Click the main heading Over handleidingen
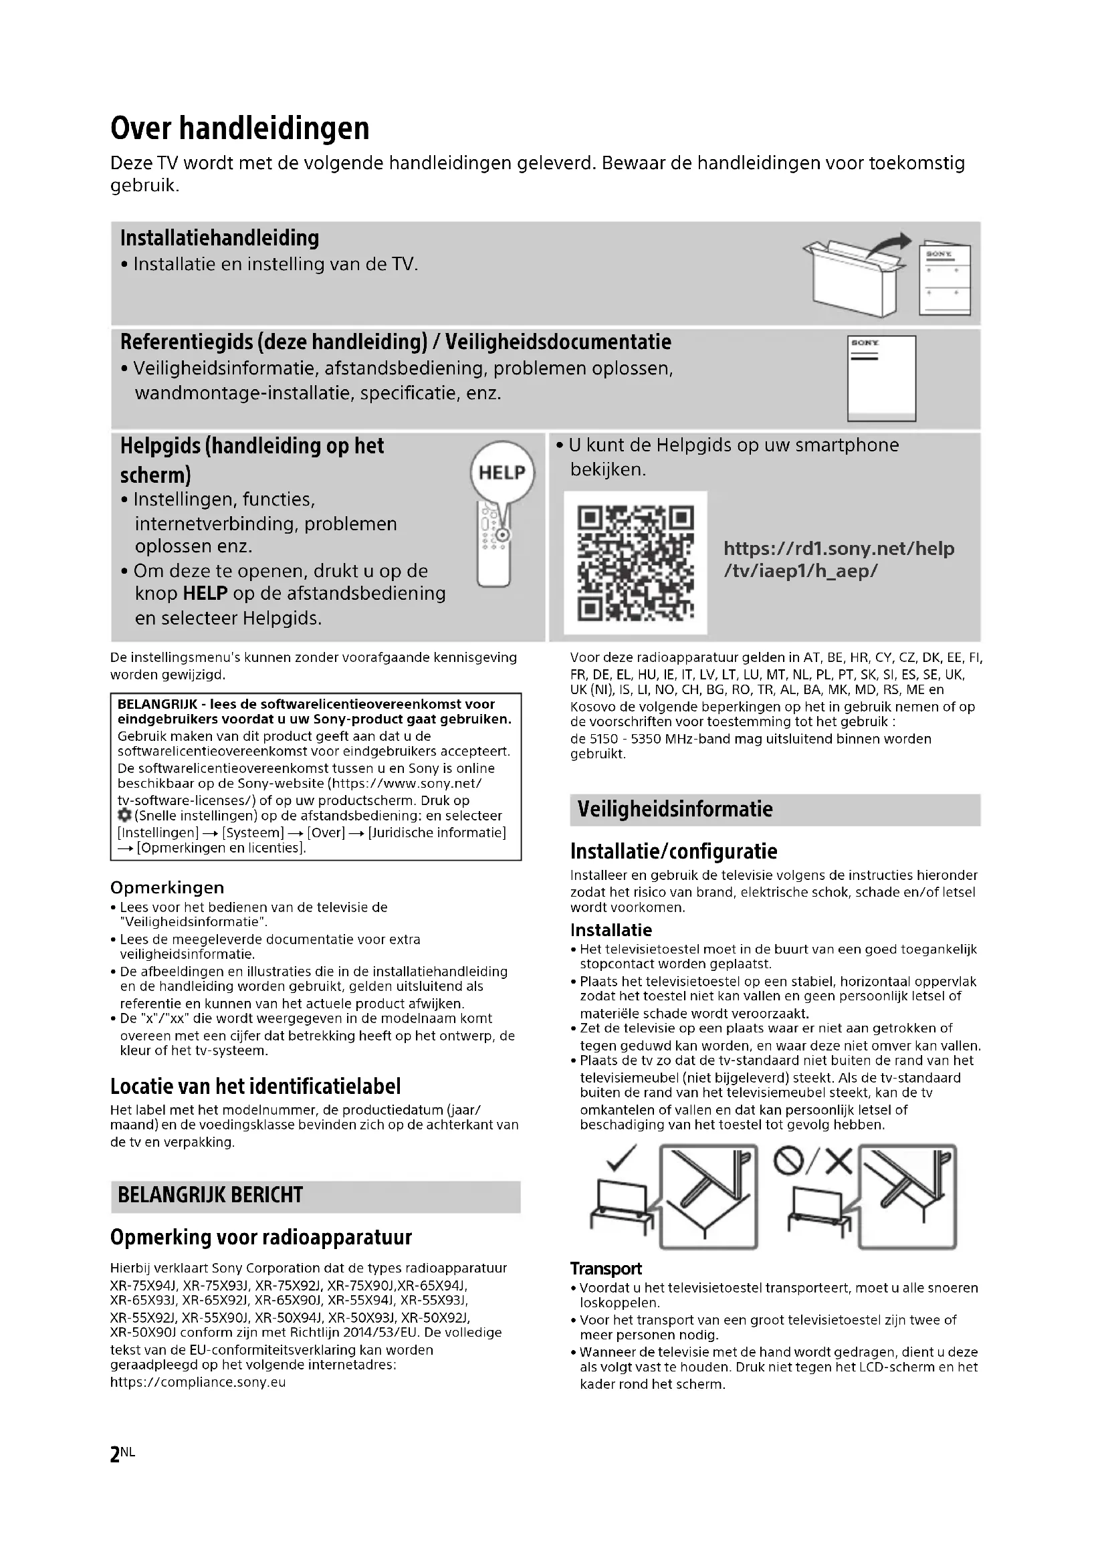click(x=240, y=128)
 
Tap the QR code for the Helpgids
click(x=635, y=562)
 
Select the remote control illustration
click(x=493, y=545)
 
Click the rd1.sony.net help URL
click(x=839, y=559)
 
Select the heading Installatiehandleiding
click(x=219, y=239)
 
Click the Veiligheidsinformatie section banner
click(x=774, y=809)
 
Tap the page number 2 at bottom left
click(x=114, y=1454)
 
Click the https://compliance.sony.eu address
click(x=198, y=1382)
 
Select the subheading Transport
click(x=605, y=1268)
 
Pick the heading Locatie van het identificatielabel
click(x=255, y=1086)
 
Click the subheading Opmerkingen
click(x=167, y=887)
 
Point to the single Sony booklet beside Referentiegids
click(x=881, y=378)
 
